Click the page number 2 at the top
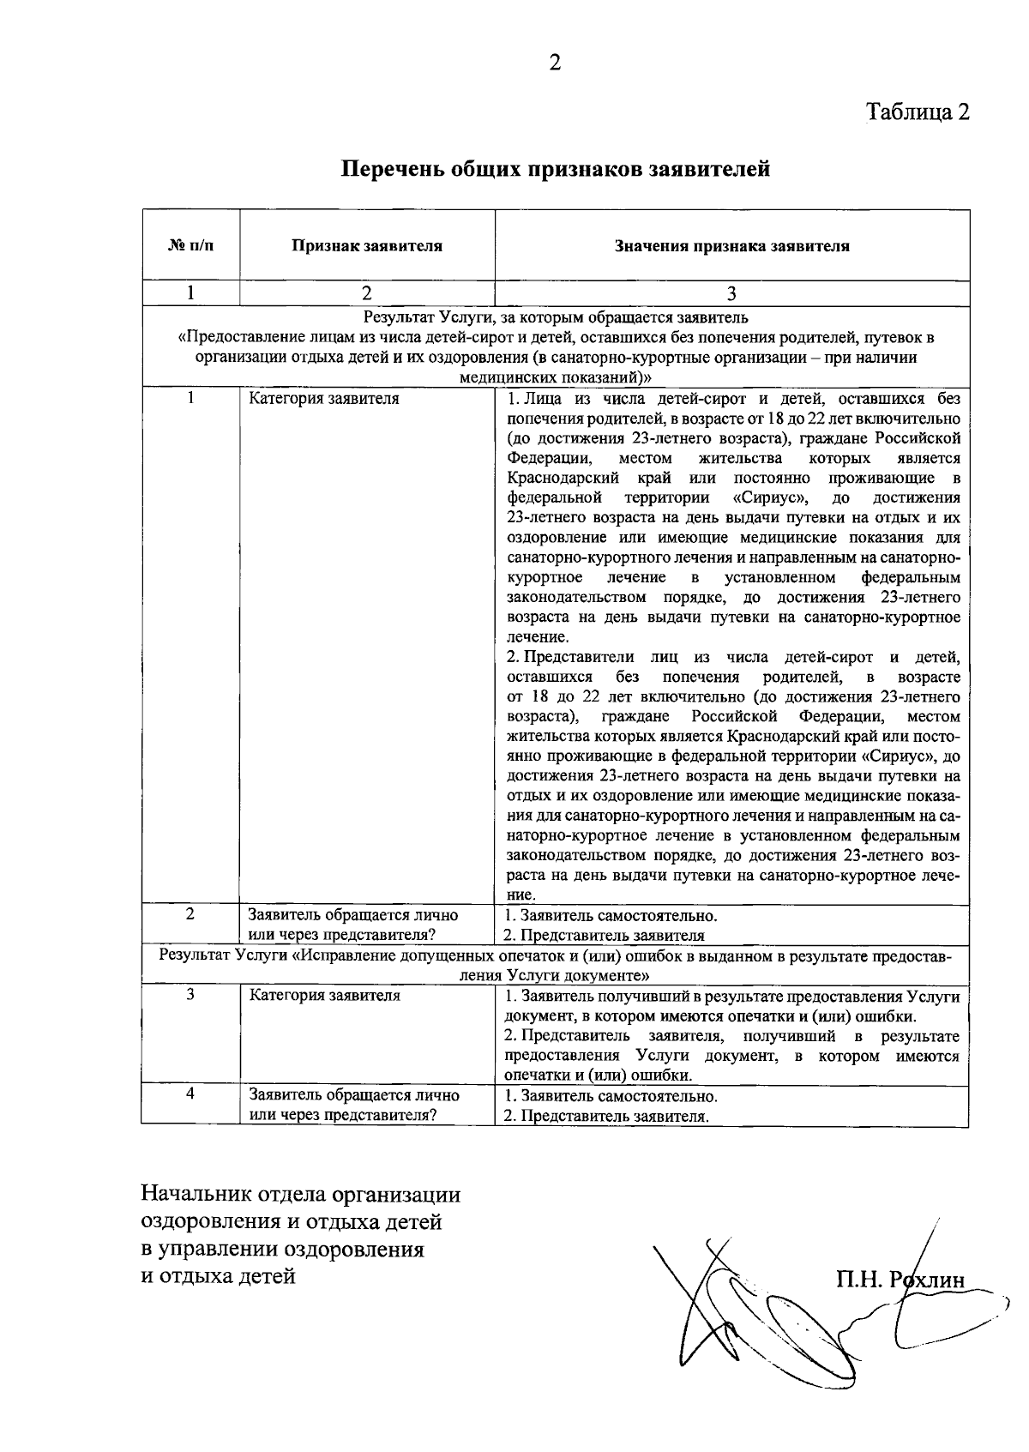555,63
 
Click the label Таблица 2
918,112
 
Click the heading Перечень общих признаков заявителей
556,169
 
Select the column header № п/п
190,246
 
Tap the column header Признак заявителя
366,246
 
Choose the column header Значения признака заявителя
731,246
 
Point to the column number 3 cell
731,293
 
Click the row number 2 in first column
190,914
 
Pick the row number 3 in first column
190,995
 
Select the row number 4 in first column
190,1094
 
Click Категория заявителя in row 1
324,399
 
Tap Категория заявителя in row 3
324,996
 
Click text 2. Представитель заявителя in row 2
604,936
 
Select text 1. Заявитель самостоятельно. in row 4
611,1096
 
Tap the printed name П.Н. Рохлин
900,1280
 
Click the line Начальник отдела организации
301,1195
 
